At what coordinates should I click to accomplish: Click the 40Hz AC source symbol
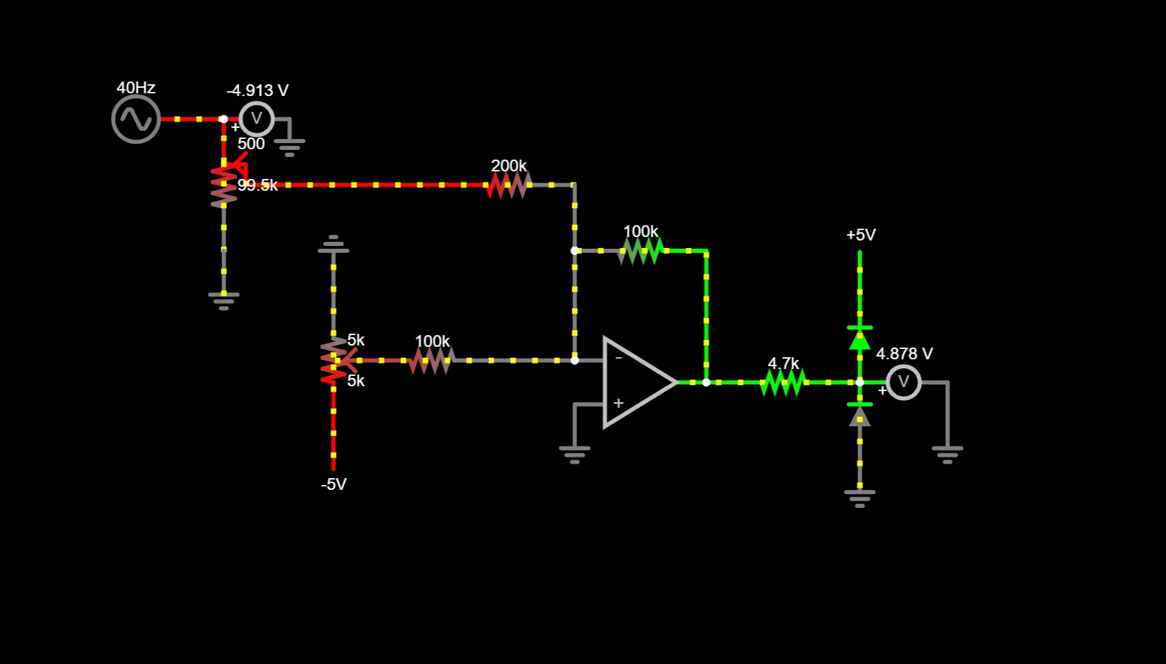coord(136,120)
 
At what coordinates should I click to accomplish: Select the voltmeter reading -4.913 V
coord(256,119)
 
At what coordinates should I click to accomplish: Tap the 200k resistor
coord(509,185)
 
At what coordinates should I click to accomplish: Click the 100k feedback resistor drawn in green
coord(641,251)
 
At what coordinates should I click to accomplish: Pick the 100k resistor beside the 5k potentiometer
coord(431,360)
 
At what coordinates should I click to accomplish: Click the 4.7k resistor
coord(783,382)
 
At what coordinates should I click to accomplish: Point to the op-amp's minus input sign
coord(619,358)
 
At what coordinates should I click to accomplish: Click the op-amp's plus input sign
coord(619,403)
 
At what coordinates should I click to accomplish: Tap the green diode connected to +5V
coord(859,339)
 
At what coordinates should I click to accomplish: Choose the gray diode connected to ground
coord(859,415)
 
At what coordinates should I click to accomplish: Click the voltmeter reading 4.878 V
coord(903,382)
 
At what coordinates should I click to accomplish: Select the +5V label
coord(861,235)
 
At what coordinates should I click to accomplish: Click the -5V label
coord(333,484)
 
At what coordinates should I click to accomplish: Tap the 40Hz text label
coord(136,88)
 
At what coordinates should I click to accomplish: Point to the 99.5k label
coord(258,185)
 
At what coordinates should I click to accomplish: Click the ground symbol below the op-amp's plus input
coord(574,453)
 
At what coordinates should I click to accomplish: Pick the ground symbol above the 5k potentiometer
coord(333,245)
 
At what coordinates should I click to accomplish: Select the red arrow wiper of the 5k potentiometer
coord(347,360)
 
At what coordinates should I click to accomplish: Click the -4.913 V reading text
coord(258,91)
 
